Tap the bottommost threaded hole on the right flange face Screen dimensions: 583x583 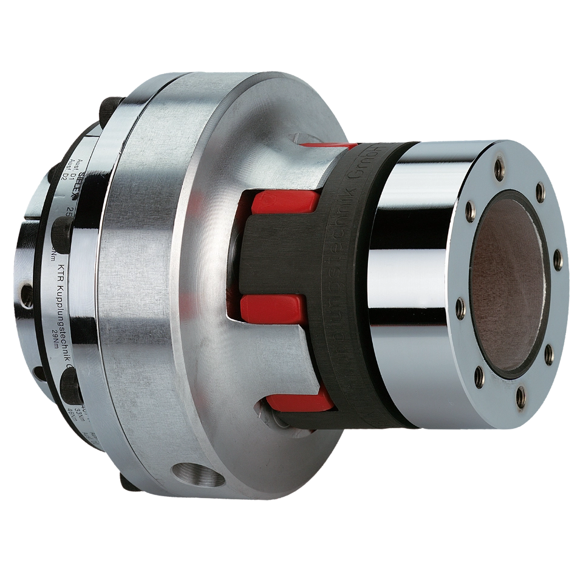(520, 398)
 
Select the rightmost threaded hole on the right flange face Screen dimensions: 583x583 (557, 261)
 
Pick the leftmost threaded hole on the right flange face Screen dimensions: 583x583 (460, 309)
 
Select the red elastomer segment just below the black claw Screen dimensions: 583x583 (271, 309)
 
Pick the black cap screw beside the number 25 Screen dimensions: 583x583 (62, 231)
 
